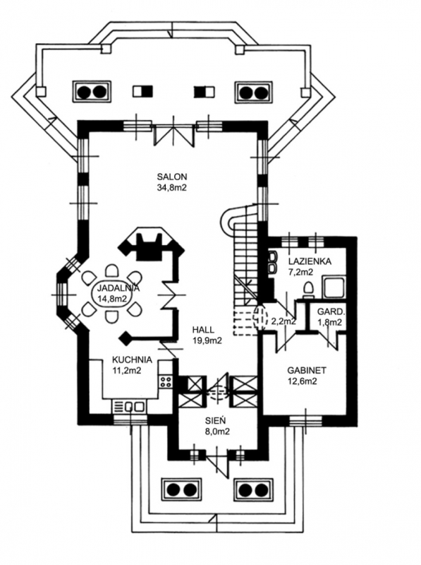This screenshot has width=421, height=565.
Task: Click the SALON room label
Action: (x=172, y=177)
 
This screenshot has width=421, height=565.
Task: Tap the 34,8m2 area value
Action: (x=172, y=187)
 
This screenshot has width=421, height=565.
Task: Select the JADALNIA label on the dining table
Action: (x=114, y=288)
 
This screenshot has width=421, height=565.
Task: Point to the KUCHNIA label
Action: (x=132, y=359)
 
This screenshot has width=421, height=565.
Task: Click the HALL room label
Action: (x=203, y=329)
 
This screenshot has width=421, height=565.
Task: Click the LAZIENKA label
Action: (x=310, y=261)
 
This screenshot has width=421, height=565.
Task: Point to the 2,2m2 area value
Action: (x=284, y=321)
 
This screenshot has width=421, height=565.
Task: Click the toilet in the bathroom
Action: (x=308, y=290)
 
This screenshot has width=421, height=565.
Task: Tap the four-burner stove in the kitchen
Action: (x=166, y=381)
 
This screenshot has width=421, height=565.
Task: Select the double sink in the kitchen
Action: (x=130, y=408)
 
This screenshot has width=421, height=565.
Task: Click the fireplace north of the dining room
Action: (x=150, y=244)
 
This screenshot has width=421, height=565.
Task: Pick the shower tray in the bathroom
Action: (x=334, y=287)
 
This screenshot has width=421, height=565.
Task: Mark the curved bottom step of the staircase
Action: (x=228, y=219)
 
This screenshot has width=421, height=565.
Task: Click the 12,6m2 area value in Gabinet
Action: (x=302, y=381)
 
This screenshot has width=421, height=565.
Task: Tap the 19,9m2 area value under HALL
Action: (x=207, y=340)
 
